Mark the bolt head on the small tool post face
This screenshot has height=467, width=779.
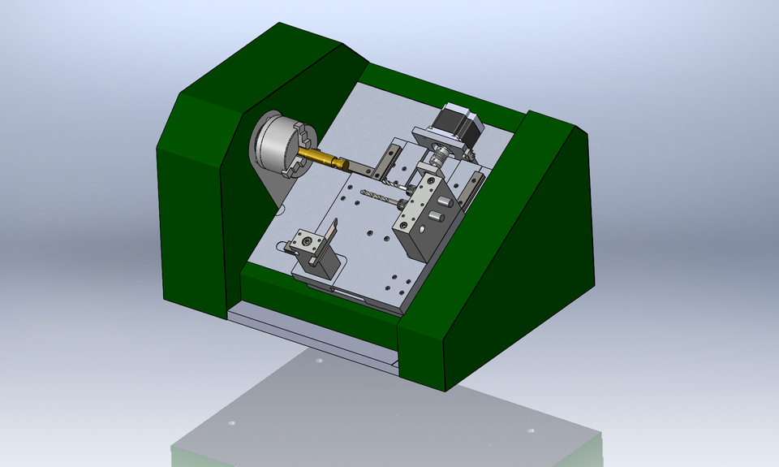[306, 241]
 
